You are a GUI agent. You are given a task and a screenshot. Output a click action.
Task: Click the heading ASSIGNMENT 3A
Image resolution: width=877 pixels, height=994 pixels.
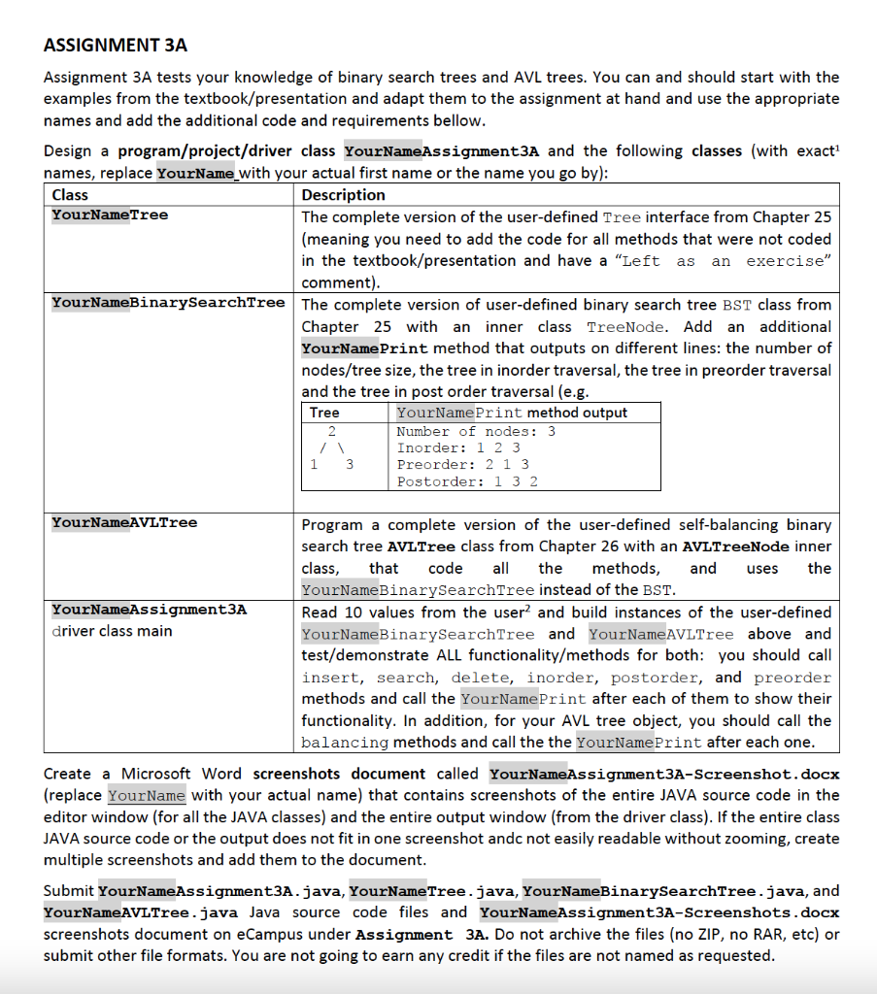pos(116,46)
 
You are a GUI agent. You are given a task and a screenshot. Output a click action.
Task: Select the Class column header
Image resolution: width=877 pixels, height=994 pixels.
pos(70,194)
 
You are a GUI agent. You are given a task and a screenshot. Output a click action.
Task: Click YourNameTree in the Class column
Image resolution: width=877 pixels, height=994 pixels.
pos(110,215)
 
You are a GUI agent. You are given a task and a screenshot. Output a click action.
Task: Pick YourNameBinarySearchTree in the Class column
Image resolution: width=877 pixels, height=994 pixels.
pos(168,303)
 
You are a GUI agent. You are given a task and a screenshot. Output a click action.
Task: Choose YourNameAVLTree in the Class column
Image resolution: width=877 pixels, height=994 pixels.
pos(124,522)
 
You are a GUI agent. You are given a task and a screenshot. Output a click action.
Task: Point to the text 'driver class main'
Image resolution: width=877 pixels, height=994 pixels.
pos(112,631)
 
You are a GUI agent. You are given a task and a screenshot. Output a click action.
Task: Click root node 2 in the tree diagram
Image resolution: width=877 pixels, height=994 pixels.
pos(331,431)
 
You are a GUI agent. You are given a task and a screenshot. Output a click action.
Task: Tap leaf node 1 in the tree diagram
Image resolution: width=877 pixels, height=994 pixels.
pos(313,465)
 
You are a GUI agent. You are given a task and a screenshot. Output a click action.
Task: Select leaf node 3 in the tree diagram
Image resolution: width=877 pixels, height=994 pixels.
pos(350,465)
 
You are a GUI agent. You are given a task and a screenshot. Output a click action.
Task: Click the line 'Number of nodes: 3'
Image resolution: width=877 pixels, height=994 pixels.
pos(476,431)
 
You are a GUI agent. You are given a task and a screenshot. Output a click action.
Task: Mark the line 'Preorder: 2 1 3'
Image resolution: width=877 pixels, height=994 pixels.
pos(463,465)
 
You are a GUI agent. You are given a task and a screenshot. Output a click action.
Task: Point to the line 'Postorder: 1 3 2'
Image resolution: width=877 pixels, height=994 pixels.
pos(467,481)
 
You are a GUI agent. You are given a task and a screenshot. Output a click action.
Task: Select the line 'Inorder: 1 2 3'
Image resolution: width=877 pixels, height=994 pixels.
pos(458,447)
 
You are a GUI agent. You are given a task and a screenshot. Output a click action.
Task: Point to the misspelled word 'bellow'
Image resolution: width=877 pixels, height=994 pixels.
pos(460,120)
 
